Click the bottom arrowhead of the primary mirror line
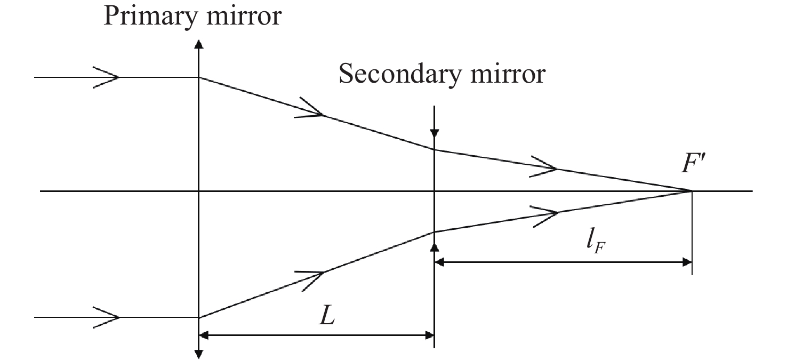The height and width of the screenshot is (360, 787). point(198,354)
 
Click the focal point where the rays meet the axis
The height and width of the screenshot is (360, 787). point(692,191)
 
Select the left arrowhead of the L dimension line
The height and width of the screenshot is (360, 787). point(204,335)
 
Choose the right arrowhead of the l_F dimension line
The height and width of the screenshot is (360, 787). point(686,262)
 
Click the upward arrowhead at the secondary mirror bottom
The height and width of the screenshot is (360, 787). point(435,246)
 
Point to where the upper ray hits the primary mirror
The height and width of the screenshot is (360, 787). point(198,77)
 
